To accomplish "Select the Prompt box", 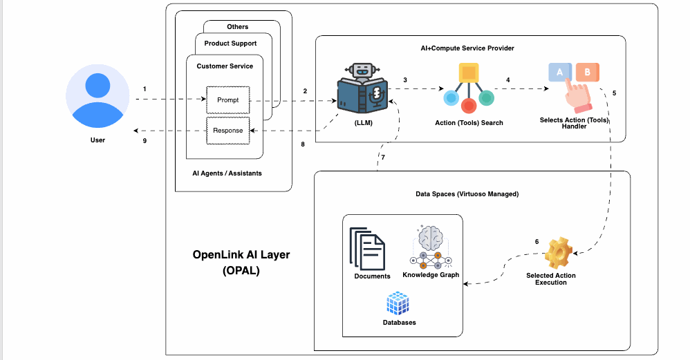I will pos(227,100).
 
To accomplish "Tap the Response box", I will pos(227,131).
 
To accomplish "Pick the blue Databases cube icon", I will pos(399,303).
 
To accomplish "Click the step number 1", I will pos(144,89).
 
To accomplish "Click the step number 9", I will pos(144,140).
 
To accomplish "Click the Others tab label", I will pos(237,27).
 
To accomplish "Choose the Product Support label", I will pos(231,44).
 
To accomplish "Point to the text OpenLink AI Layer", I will pos(241,254).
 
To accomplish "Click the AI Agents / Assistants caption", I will pos(227,173).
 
